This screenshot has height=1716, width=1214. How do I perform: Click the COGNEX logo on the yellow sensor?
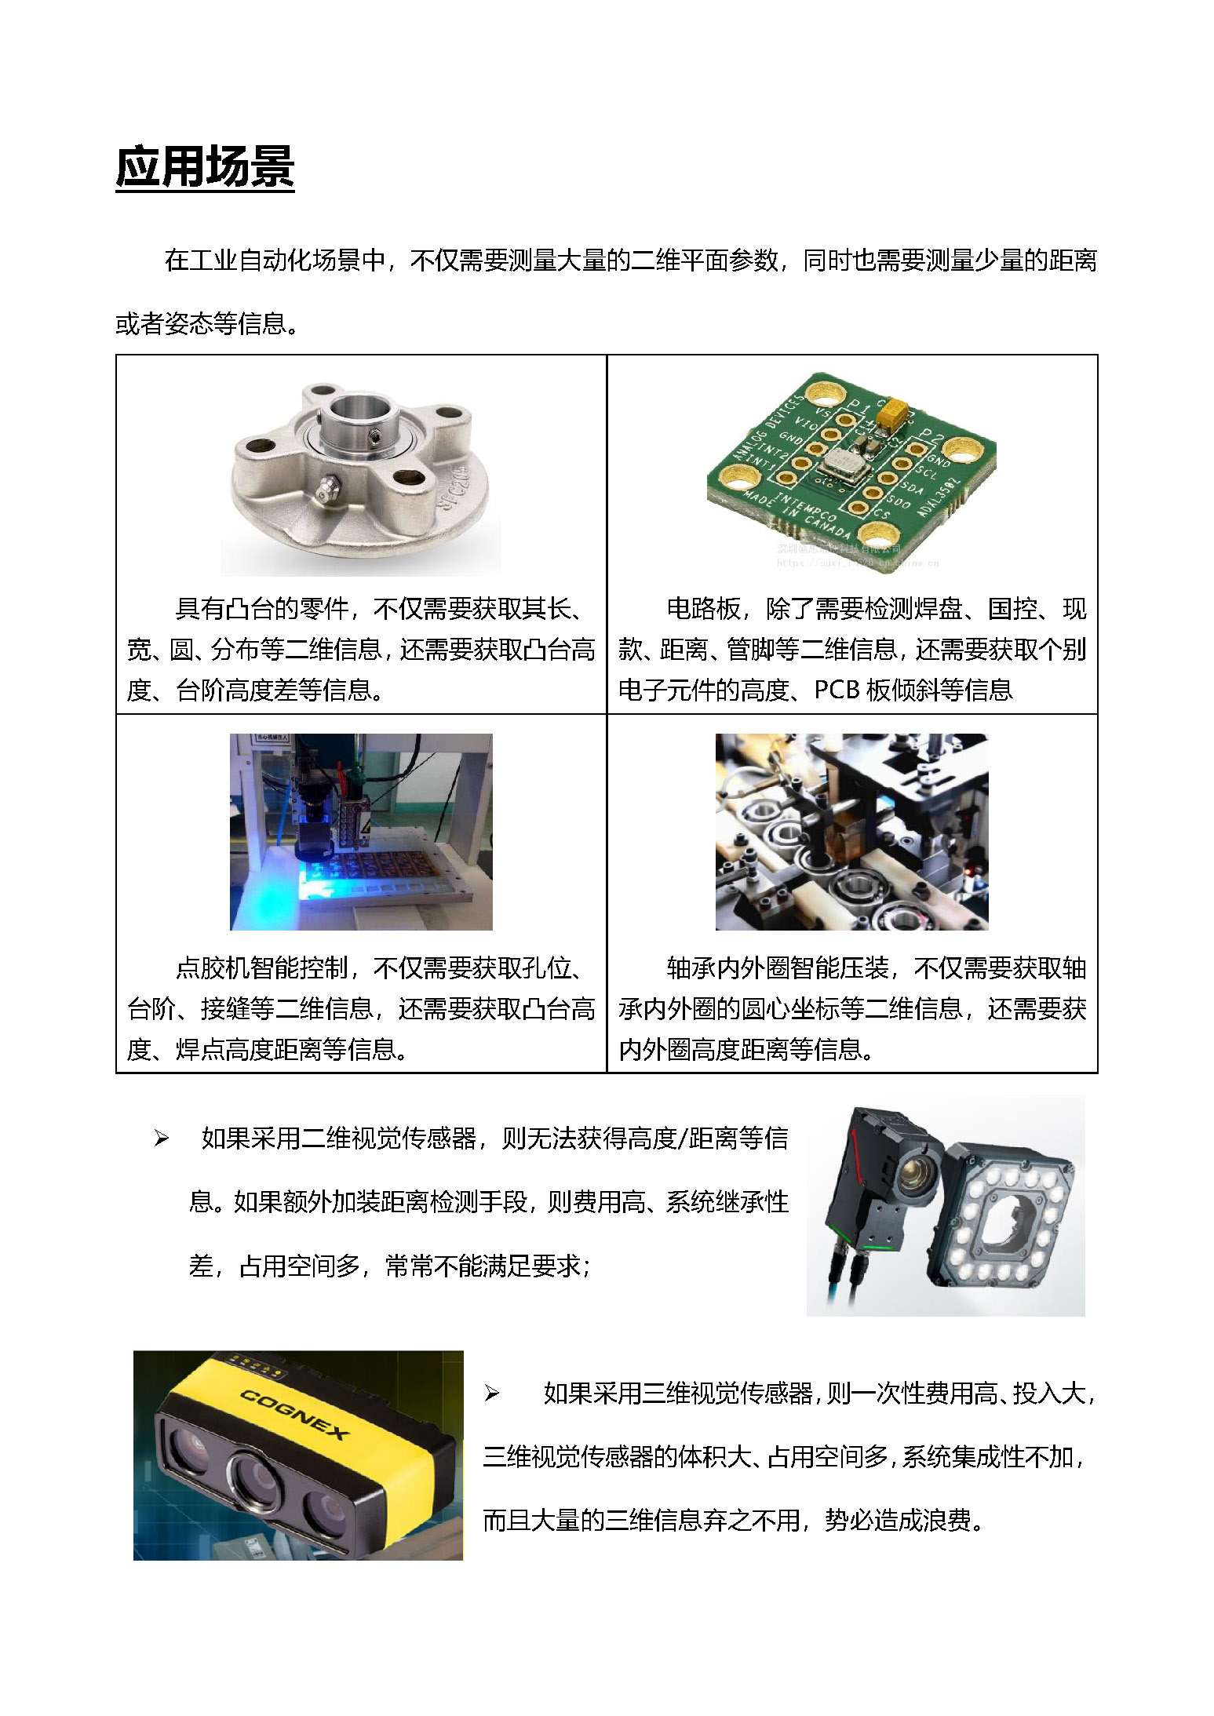point(293,1414)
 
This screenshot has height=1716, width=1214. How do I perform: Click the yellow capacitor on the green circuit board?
point(893,413)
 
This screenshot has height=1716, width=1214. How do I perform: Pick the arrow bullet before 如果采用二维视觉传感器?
point(162,1139)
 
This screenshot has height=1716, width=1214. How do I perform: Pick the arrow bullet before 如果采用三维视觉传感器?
point(492,1394)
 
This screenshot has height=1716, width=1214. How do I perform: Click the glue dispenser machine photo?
point(361,832)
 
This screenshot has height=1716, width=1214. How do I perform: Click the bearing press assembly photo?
point(851,832)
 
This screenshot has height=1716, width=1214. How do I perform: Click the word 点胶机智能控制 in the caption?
point(261,967)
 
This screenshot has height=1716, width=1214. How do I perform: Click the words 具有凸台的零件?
point(261,608)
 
